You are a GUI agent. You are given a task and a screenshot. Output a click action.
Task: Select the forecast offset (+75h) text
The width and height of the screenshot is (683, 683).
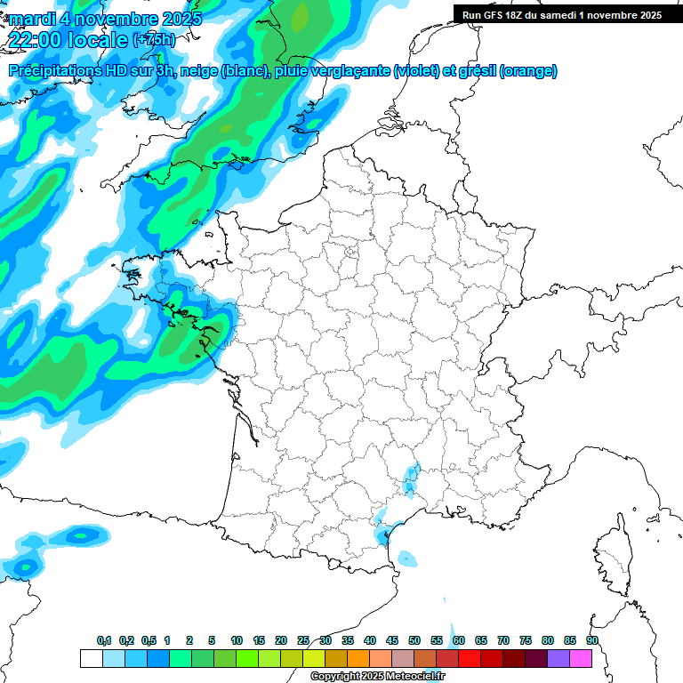point(154,40)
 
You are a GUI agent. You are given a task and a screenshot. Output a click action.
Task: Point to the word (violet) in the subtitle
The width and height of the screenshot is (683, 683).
point(416,71)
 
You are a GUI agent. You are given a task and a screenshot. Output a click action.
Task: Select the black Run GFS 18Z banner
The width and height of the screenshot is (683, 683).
point(567,14)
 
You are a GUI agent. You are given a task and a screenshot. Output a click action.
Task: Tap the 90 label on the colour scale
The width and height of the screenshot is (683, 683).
point(592,640)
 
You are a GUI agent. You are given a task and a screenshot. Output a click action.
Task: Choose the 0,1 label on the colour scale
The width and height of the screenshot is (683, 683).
point(104,640)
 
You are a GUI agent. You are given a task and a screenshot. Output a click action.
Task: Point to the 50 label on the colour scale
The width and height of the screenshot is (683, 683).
point(414,640)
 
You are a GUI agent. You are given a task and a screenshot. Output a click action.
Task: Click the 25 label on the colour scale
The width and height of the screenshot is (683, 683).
point(303,640)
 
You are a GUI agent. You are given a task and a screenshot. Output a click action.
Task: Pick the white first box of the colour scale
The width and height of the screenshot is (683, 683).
point(91,658)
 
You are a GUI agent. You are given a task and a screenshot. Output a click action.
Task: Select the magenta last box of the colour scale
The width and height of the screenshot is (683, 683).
point(582,658)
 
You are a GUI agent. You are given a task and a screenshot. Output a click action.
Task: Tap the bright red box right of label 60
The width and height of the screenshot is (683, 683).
point(470,658)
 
